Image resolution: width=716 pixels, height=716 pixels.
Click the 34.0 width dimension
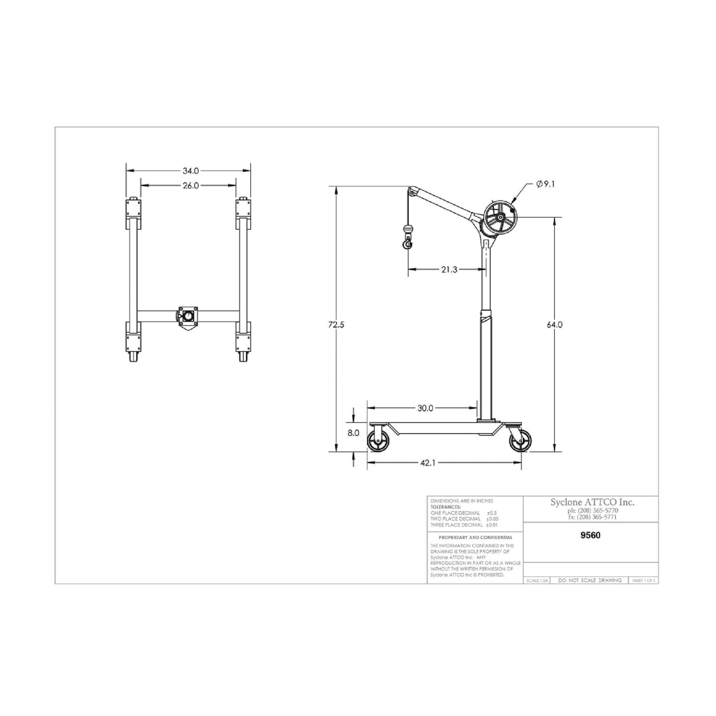click(x=190, y=171)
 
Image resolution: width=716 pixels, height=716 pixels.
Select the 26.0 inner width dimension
click(x=190, y=186)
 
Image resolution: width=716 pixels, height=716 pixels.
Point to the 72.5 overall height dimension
click(x=336, y=325)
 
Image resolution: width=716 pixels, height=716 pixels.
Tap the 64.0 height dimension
click(x=554, y=325)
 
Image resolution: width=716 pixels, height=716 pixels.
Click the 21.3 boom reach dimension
click(x=449, y=270)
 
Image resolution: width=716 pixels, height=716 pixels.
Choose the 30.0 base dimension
click(x=425, y=408)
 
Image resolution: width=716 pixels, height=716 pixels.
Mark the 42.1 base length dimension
click(x=428, y=463)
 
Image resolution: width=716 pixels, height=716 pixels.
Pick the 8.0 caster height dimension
click(x=353, y=433)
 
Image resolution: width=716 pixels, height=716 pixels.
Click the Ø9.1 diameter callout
click(x=545, y=184)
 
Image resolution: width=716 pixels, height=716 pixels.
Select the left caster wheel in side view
click(x=379, y=441)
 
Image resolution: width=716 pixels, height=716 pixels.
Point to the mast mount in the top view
click(x=188, y=316)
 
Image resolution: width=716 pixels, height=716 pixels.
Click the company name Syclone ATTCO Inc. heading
click(x=592, y=502)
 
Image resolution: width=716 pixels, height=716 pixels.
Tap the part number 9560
click(x=590, y=535)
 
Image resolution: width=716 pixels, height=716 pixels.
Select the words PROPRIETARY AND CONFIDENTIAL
click(x=475, y=537)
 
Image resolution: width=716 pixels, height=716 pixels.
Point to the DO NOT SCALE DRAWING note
click(x=590, y=580)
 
